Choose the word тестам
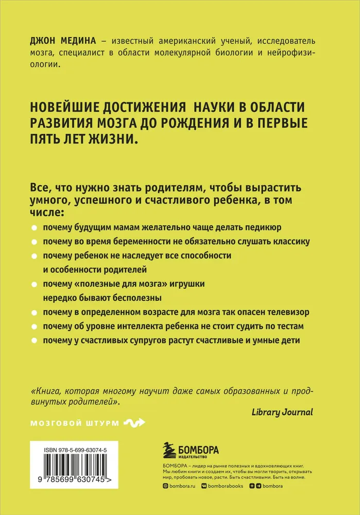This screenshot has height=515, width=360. (289, 327)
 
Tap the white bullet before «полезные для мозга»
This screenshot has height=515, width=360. (34, 284)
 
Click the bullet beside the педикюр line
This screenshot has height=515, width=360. (34, 228)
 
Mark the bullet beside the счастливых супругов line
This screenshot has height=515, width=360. (34, 341)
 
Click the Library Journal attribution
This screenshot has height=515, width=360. (282, 412)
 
